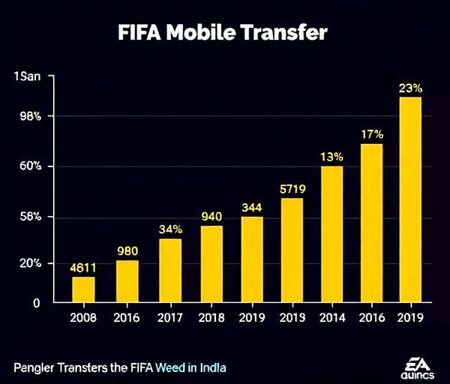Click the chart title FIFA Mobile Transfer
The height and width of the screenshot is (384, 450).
(x=223, y=33)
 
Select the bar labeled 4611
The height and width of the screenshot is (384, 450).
(x=83, y=289)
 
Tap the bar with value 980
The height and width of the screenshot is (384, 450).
(x=127, y=280)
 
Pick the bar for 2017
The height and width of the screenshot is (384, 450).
(x=170, y=270)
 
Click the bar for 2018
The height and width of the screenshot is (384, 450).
(x=211, y=263)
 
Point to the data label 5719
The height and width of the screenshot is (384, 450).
(x=292, y=187)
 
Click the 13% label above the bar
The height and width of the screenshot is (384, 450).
(x=331, y=157)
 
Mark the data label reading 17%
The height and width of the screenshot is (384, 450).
(x=371, y=134)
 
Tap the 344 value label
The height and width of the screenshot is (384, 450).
(x=252, y=206)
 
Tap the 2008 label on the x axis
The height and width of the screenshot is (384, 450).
(x=83, y=317)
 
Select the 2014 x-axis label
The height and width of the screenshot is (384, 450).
(x=331, y=317)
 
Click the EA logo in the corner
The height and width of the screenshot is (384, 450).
(x=417, y=365)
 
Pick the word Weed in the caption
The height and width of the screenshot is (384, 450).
(x=171, y=367)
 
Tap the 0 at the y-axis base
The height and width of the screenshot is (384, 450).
(x=36, y=303)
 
